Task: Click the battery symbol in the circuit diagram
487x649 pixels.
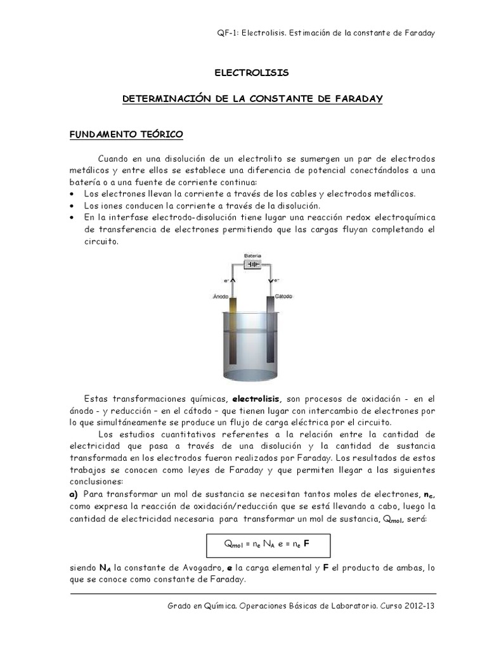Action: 252,264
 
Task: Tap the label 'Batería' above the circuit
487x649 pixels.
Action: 252,255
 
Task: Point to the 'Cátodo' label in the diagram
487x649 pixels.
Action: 283,296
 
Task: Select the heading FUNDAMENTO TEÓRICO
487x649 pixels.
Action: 126,134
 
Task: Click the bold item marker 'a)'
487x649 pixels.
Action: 74,493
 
